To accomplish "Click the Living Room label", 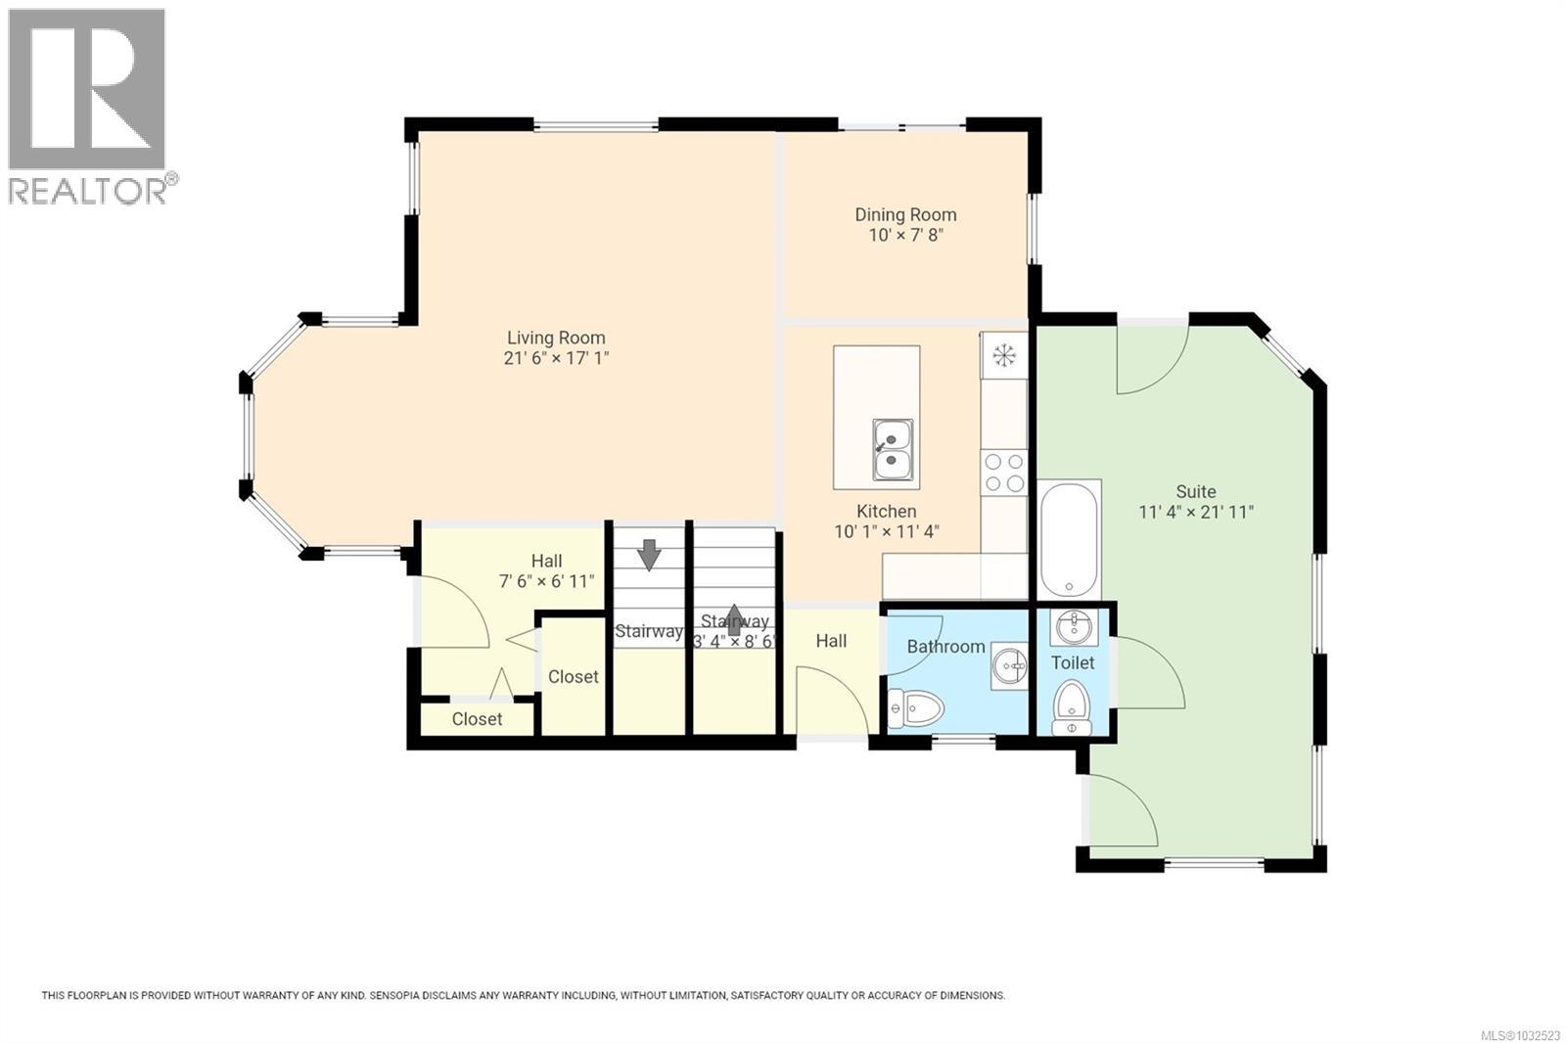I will [556, 339].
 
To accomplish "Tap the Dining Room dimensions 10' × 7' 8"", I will [905, 235].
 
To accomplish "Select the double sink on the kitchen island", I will [894, 449].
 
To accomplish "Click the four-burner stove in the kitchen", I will [1004, 472].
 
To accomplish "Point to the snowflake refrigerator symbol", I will [1004, 355].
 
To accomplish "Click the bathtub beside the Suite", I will [1069, 537].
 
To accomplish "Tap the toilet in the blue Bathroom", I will [916, 706].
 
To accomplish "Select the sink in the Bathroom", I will [1008, 666].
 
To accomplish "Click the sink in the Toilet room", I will [1073, 626].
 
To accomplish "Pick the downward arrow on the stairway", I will [648, 555].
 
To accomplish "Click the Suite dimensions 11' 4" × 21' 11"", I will [1196, 512].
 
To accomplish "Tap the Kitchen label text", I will [887, 512].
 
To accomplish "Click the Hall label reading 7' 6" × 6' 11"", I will [546, 581].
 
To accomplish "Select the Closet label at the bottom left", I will [477, 719].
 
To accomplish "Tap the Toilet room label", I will [1073, 663].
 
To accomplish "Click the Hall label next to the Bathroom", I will [831, 641].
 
